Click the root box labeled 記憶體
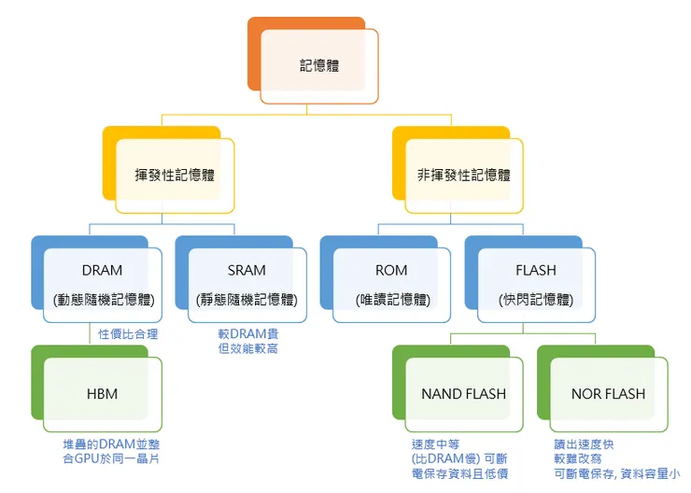pyautogui.click(x=319, y=65)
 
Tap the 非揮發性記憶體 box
pyautogui.click(x=464, y=175)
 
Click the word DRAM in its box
pyautogui.click(x=102, y=271)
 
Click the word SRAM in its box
pyautogui.click(x=247, y=271)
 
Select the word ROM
pyautogui.click(x=391, y=271)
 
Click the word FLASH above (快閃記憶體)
pyautogui.click(x=535, y=271)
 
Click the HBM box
pyautogui.click(x=102, y=393)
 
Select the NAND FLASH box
pyautogui.click(x=463, y=393)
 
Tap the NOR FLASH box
pyautogui.click(x=608, y=393)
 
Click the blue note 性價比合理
pyautogui.click(x=129, y=333)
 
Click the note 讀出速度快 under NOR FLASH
pyautogui.click(x=584, y=444)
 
